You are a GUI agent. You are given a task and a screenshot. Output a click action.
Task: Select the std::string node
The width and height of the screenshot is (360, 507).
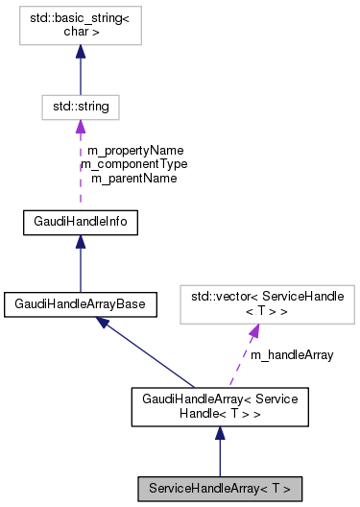click(80, 108)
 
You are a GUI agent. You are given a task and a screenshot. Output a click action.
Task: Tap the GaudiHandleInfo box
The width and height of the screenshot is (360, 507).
click(80, 223)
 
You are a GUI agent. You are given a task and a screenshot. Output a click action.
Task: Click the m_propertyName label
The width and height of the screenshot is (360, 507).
click(135, 151)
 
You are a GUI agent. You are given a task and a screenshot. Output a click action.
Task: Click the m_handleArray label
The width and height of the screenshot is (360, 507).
click(292, 354)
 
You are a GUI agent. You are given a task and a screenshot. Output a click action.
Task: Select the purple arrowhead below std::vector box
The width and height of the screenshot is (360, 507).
click(254, 332)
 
